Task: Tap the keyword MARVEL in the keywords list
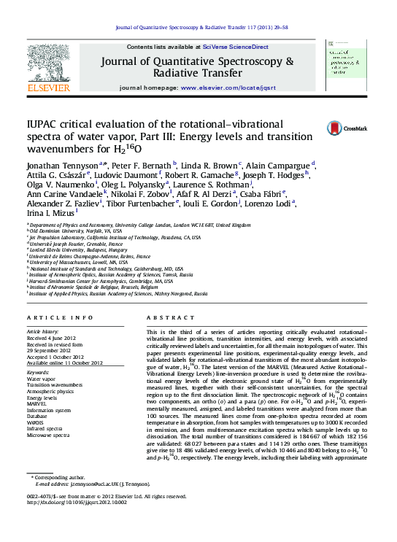pos(37,402)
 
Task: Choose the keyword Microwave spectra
pos(49,435)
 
